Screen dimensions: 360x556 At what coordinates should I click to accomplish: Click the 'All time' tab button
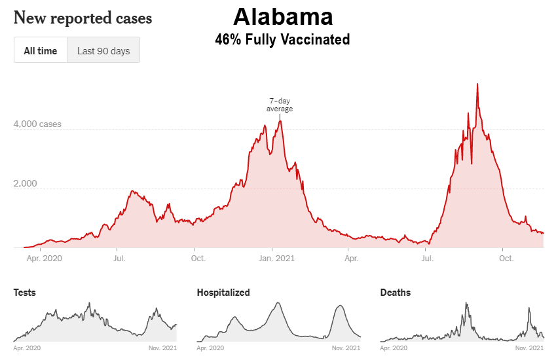coord(41,50)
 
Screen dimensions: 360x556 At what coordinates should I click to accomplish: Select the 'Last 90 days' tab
coord(103,50)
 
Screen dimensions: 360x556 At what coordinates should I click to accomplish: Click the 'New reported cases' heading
coord(83,18)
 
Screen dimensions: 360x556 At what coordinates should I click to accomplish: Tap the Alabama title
coord(282,16)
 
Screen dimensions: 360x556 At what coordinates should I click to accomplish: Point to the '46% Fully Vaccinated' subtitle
coord(282,40)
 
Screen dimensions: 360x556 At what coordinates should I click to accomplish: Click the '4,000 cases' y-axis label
coord(38,124)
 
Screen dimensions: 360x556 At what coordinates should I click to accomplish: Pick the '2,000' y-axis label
coord(26,184)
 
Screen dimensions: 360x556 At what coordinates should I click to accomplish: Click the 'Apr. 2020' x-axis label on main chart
coord(45,259)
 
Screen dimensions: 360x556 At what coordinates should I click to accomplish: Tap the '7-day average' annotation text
coord(280,105)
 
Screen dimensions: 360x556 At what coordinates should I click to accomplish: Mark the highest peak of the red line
coord(477,84)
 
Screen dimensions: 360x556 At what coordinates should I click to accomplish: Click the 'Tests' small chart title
coord(25,293)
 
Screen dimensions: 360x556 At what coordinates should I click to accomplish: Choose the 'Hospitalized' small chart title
coord(223,293)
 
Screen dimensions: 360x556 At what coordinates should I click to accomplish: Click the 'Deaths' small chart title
coord(396,293)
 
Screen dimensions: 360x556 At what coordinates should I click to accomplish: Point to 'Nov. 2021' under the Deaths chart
coord(529,348)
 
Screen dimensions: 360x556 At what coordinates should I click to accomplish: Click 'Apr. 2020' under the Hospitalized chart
coord(211,348)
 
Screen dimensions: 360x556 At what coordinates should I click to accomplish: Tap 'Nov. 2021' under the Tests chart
coord(162,348)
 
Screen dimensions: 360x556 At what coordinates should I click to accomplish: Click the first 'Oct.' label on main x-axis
coord(198,259)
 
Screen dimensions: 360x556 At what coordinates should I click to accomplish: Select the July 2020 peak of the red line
coord(133,190)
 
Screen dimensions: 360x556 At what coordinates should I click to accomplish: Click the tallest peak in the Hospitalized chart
coord(279,302)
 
